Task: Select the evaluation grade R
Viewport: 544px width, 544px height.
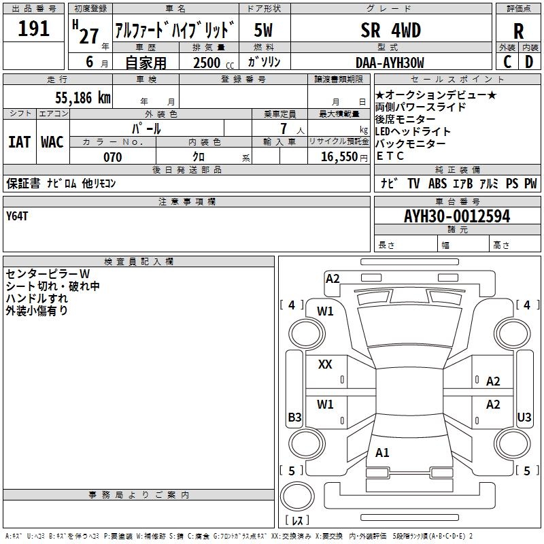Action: click(x=518, y=31)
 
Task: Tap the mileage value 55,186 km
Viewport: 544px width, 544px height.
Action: click(x=75, y=98)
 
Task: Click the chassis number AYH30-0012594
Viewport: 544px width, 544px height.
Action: click(x=457, y=217)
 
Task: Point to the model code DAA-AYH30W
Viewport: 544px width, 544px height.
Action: click(x=390, y=62)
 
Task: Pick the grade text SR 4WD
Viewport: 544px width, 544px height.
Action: click(x=390, y=31)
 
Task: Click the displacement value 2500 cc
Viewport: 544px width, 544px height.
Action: click(x=207, y=63)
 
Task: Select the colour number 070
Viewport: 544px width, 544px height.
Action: click(x=112, y=157)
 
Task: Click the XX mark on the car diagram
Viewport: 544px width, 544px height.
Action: click(x=325, y=364)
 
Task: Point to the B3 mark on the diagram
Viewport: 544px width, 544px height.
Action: click(x=294, y=418)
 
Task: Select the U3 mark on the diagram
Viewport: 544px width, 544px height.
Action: click(x=524, y=418)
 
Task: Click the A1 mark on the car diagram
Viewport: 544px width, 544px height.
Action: click(x=382, y=453)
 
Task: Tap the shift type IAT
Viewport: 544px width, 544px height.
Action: click(x=19, y=142)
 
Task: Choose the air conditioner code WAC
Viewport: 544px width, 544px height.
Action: click(x=52, y=142)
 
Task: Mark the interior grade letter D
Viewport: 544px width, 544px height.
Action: click(x=528, y=62)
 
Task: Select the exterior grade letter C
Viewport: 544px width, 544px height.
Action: click(x=507, y=62)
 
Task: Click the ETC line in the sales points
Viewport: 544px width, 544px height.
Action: click(x=390, y=156)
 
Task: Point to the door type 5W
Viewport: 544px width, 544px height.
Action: click(x=264, y=31)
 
